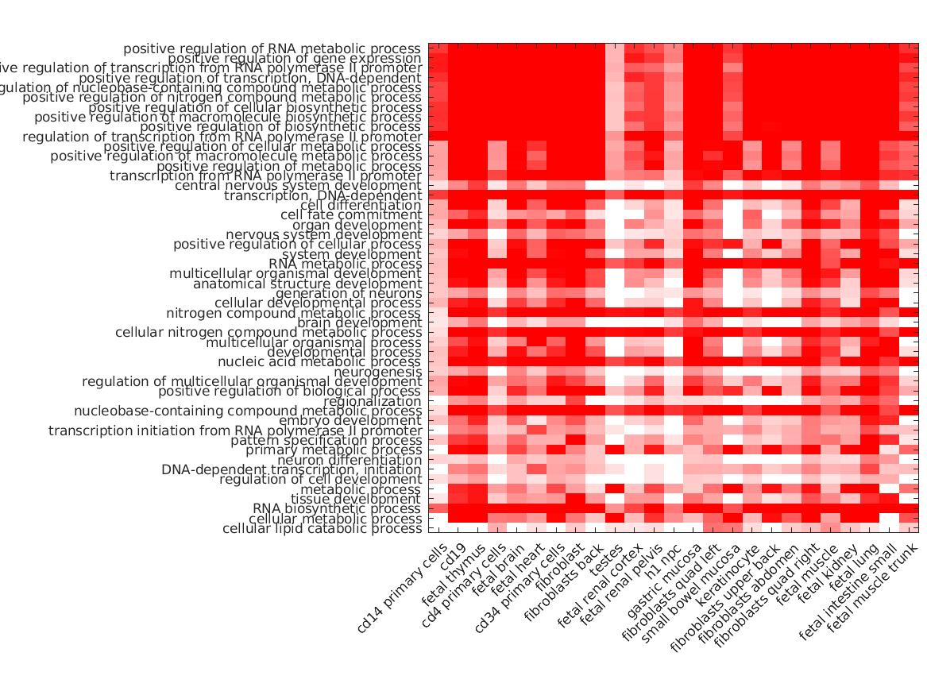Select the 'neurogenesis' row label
pyautogui.click(x=378, y=372)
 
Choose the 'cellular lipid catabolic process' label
pyautogui.click(x=322, y=528)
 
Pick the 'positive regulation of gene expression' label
pyautogui.click(x=295, y=59)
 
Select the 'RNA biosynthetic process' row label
pyautogui.click(x=337, y=508)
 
